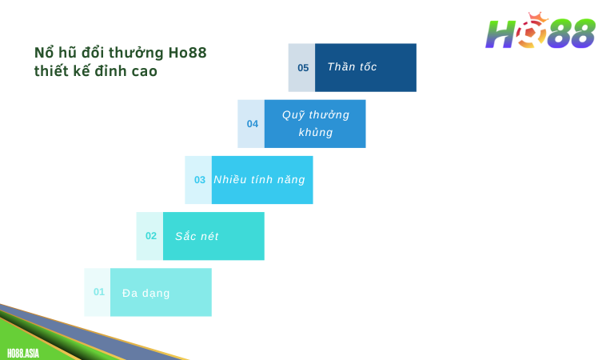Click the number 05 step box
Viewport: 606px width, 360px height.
(x=302, y=67)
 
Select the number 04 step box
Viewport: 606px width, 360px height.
(x=252, y=124)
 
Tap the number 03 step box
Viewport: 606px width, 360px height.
(x=199, y=180)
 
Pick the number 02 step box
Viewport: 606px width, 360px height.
(x=150, y=236)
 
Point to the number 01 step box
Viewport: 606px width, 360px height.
(x=98, y=292)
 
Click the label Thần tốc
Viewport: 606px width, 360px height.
(x=352, y=67)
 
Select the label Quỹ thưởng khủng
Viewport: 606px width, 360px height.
(x=315, y=123)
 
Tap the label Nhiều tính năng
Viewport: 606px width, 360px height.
(x=259, y=180)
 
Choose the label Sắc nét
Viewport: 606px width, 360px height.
(x=197, y=236)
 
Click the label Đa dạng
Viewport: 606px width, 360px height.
(x=146, y=293)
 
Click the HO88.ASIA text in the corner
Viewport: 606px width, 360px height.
(x=22, y=353)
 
